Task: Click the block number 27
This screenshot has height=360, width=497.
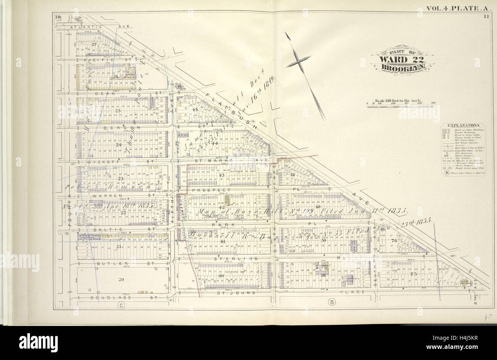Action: (x=94, y=44)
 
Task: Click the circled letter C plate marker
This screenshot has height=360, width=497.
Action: (x=121, y=305)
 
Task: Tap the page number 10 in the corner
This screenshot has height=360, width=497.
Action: (x=58, y=16)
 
